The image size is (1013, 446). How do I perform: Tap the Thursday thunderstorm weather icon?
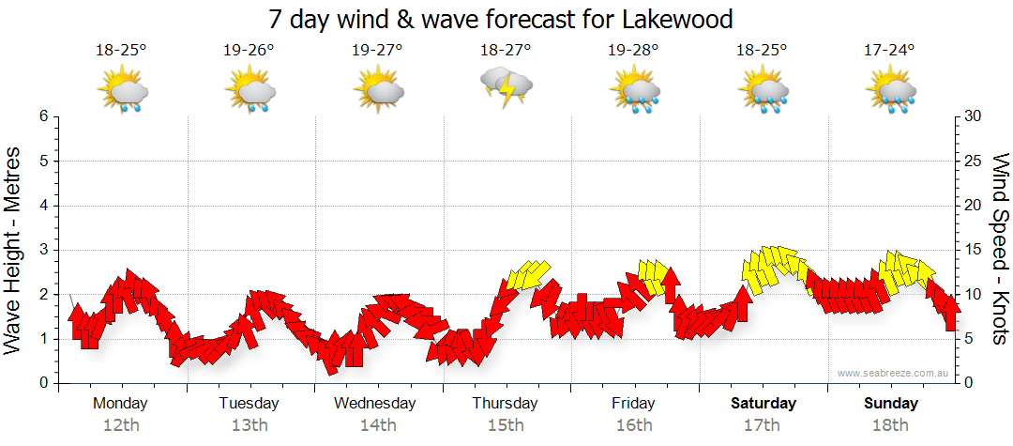pos(506,87)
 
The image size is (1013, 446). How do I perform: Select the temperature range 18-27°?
pos(506,51)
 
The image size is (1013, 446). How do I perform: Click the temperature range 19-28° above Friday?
pos(634,51)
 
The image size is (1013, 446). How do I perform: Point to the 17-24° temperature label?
pos(889,51)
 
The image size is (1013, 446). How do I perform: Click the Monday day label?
pos(121,403)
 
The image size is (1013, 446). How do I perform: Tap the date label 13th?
pos(249,424)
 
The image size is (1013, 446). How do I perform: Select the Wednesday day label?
pos(375,403)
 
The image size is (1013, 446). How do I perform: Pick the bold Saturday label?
pos(763,403)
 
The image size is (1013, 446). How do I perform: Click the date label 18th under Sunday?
pos(891,424)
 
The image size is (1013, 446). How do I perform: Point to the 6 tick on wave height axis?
pos(42,116)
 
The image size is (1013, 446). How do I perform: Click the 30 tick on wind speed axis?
pos(975,116)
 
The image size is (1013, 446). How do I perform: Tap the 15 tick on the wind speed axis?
pos(975,250)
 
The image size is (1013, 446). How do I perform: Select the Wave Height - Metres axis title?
pos(14,249)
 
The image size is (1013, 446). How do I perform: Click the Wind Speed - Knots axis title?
pos(1000,249)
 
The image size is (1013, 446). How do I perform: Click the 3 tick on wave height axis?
pos(42,250)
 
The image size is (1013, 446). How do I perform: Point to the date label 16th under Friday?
pos(634,424)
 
